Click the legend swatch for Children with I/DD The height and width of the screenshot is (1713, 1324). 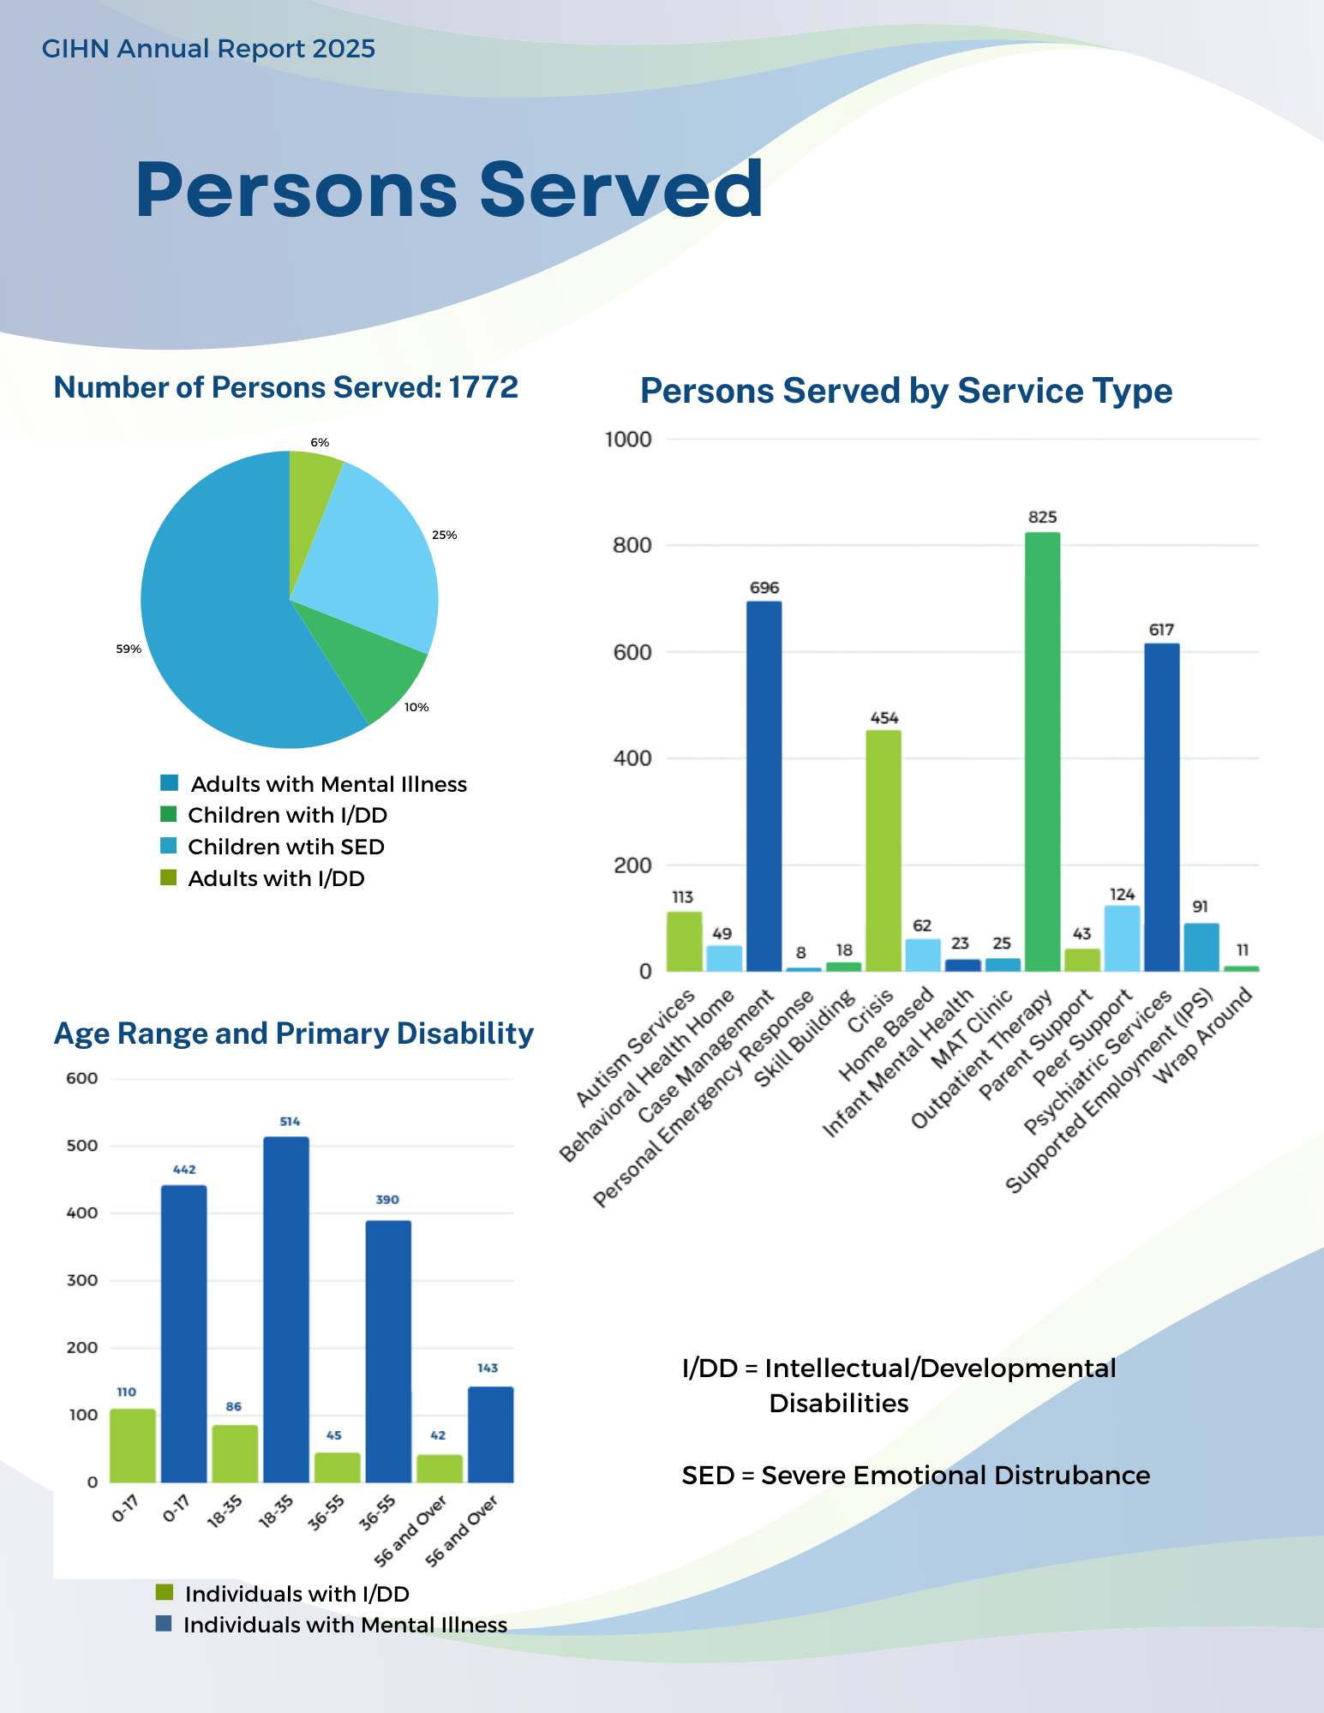point(168,814)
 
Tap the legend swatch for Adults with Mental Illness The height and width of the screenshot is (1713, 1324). point(169,783)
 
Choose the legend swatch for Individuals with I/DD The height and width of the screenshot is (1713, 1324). point(164,1593)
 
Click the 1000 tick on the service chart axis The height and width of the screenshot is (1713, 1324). point(628,440)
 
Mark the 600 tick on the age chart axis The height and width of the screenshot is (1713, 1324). point(82,1078)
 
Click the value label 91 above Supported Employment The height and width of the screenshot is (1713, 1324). point(1200,907)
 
